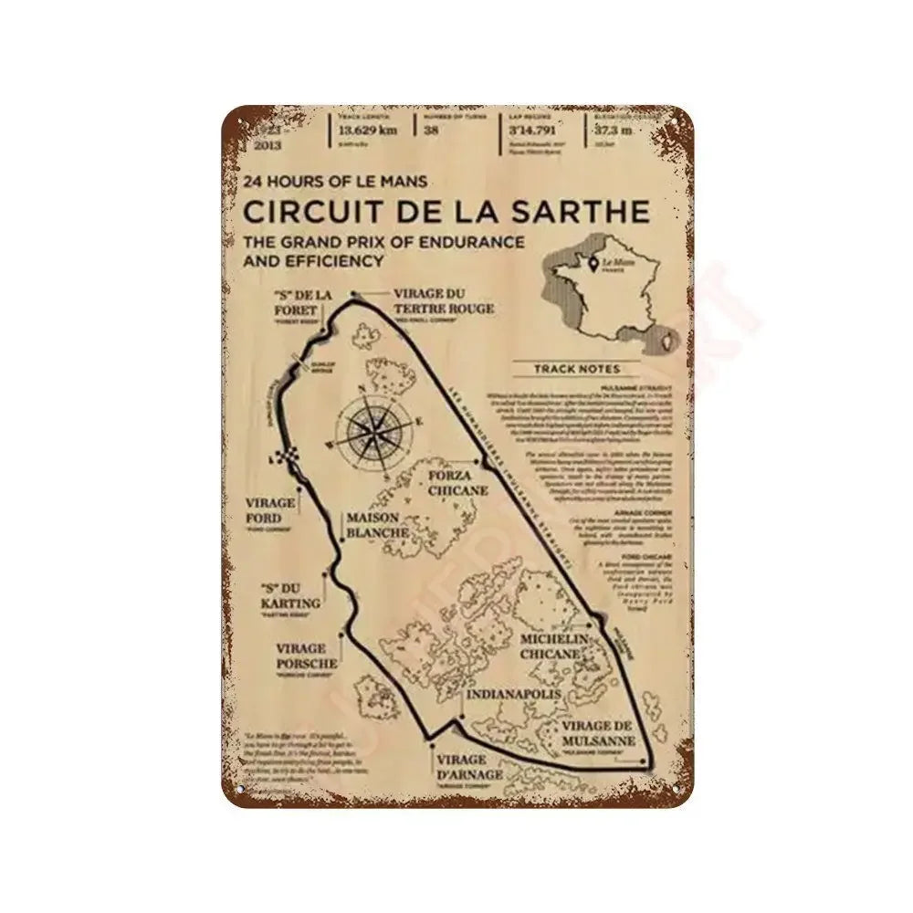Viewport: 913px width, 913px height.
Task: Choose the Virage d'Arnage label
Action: [468, 767]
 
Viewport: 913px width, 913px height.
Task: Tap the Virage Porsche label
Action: [306, 656]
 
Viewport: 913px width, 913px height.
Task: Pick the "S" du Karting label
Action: [289, 595]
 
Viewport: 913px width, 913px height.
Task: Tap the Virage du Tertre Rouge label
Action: [444, 301]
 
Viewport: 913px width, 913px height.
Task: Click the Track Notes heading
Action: [577, 369]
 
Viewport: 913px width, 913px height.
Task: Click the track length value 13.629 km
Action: [370, 131]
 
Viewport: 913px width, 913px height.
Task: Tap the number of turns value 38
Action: [431, 131]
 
